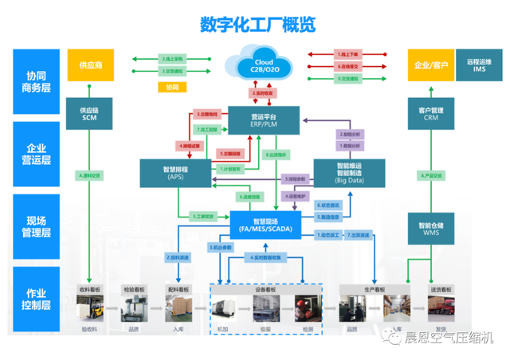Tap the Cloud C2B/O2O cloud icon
[263, 63]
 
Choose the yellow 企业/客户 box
[428, 64]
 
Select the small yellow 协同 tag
[174, 86]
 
